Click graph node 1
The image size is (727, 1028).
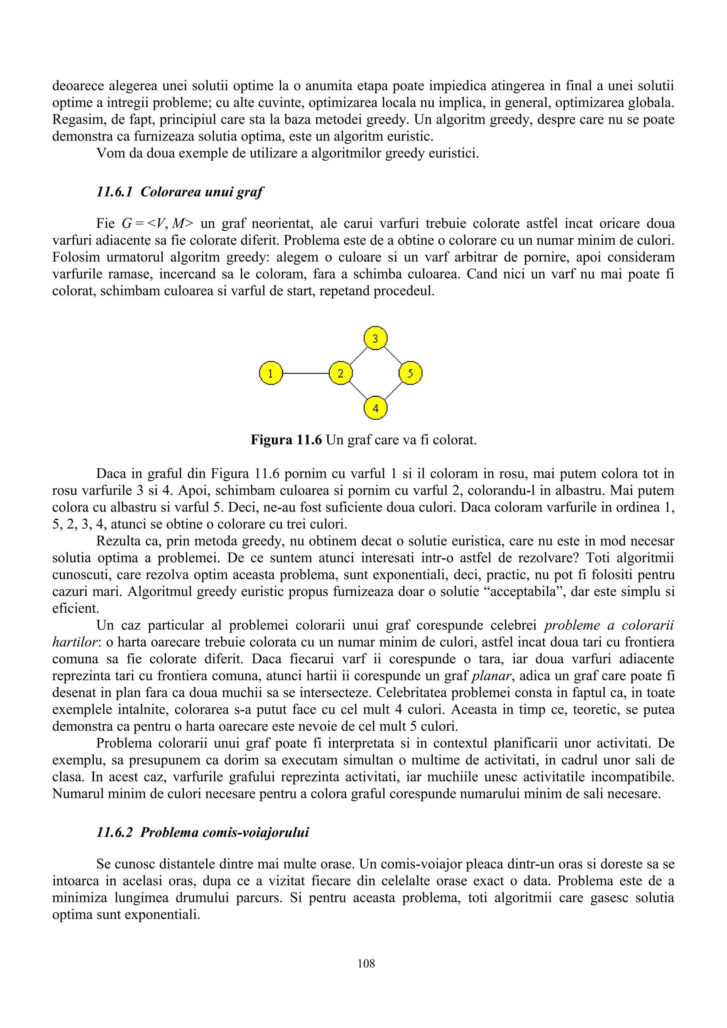coord(270,373)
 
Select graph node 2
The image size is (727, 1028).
coord(340,373)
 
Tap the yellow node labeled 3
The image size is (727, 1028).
coord(375,338)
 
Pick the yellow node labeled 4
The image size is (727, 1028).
coord(375,408)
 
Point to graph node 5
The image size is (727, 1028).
coord(410,373)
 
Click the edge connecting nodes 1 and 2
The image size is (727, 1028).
coord(306,373)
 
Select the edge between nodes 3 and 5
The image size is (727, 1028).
coord(393,355)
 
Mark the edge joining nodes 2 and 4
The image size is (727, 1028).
coord(358,391)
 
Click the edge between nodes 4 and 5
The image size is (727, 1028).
coord(393,391)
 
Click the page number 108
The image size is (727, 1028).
coord(366,963)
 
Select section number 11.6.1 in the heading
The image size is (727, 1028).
coord(115,192)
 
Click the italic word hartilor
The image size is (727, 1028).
coord(74,642)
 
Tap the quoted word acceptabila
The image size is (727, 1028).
coord(527,591)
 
